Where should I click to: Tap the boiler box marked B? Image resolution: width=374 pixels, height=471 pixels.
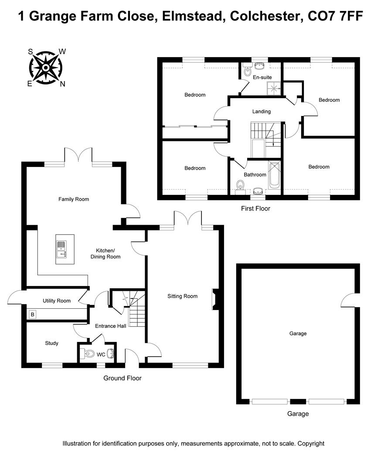32,314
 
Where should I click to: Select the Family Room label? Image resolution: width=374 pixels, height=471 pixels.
74,199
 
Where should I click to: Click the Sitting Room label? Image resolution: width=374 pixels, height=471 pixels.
183,296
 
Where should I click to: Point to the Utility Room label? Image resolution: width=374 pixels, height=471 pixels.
57,301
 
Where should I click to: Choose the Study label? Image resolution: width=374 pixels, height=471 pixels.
52,343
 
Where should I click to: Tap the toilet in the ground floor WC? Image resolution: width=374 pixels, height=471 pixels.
88,354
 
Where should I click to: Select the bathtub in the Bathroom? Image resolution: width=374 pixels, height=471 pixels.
274,175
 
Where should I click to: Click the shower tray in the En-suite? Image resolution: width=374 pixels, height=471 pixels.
275,89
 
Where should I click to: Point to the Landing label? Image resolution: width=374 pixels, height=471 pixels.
262,112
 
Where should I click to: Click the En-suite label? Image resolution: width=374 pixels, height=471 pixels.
262,77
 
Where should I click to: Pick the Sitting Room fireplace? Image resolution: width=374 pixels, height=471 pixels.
215,299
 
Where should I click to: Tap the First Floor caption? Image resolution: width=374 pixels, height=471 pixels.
255,208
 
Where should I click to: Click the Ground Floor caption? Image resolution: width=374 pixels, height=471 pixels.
122,378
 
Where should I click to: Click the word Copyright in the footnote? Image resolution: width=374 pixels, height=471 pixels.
311,444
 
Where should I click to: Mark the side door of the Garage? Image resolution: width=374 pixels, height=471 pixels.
350,301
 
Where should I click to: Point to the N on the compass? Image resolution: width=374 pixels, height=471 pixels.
62,84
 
